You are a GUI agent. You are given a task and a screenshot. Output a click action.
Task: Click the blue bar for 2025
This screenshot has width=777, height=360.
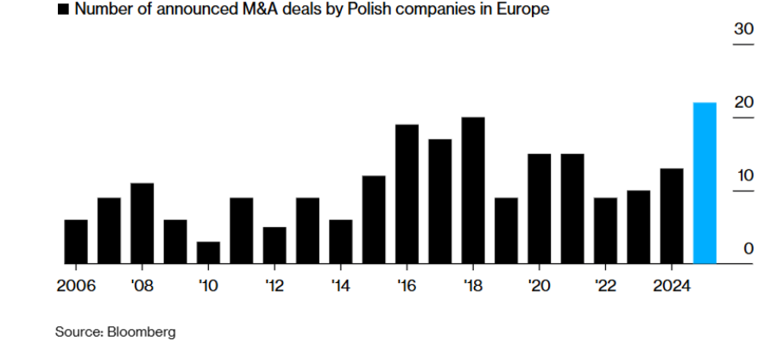click(x=705, y=183)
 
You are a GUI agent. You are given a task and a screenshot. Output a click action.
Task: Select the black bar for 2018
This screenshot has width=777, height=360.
click(x=473, y=190)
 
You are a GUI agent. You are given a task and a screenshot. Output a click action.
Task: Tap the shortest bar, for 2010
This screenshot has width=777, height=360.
click(x=208, y=252)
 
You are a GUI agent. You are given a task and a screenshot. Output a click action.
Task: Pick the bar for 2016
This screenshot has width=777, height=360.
click(x=407, y=194)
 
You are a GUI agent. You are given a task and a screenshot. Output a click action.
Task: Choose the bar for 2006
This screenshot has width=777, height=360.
click(x=76, y=242)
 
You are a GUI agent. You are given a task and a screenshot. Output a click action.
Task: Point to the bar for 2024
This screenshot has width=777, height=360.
click(x=672, y=216)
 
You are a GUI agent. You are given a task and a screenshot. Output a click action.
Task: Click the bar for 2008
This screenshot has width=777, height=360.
click(x=142, y=223)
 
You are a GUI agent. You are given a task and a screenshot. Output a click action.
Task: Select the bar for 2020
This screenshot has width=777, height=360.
click(x=540, y=208)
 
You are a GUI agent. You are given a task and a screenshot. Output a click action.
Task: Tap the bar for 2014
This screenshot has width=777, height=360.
click(x=341, y=242)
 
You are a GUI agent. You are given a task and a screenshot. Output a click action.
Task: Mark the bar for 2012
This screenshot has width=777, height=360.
click(x=275, y=245)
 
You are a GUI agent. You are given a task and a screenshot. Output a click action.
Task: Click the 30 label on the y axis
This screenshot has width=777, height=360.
click(x=743, y=29)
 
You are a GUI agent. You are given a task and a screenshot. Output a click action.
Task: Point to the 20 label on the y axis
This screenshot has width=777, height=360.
click(x=743, y=103)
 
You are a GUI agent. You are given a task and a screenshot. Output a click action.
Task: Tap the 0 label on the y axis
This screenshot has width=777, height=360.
click(x=749, y=249)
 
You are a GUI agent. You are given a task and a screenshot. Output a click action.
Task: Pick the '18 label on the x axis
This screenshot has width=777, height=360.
click(x=473, y=286)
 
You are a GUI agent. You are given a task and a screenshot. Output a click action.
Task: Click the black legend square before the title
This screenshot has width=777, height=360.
click(x=62, y=11)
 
